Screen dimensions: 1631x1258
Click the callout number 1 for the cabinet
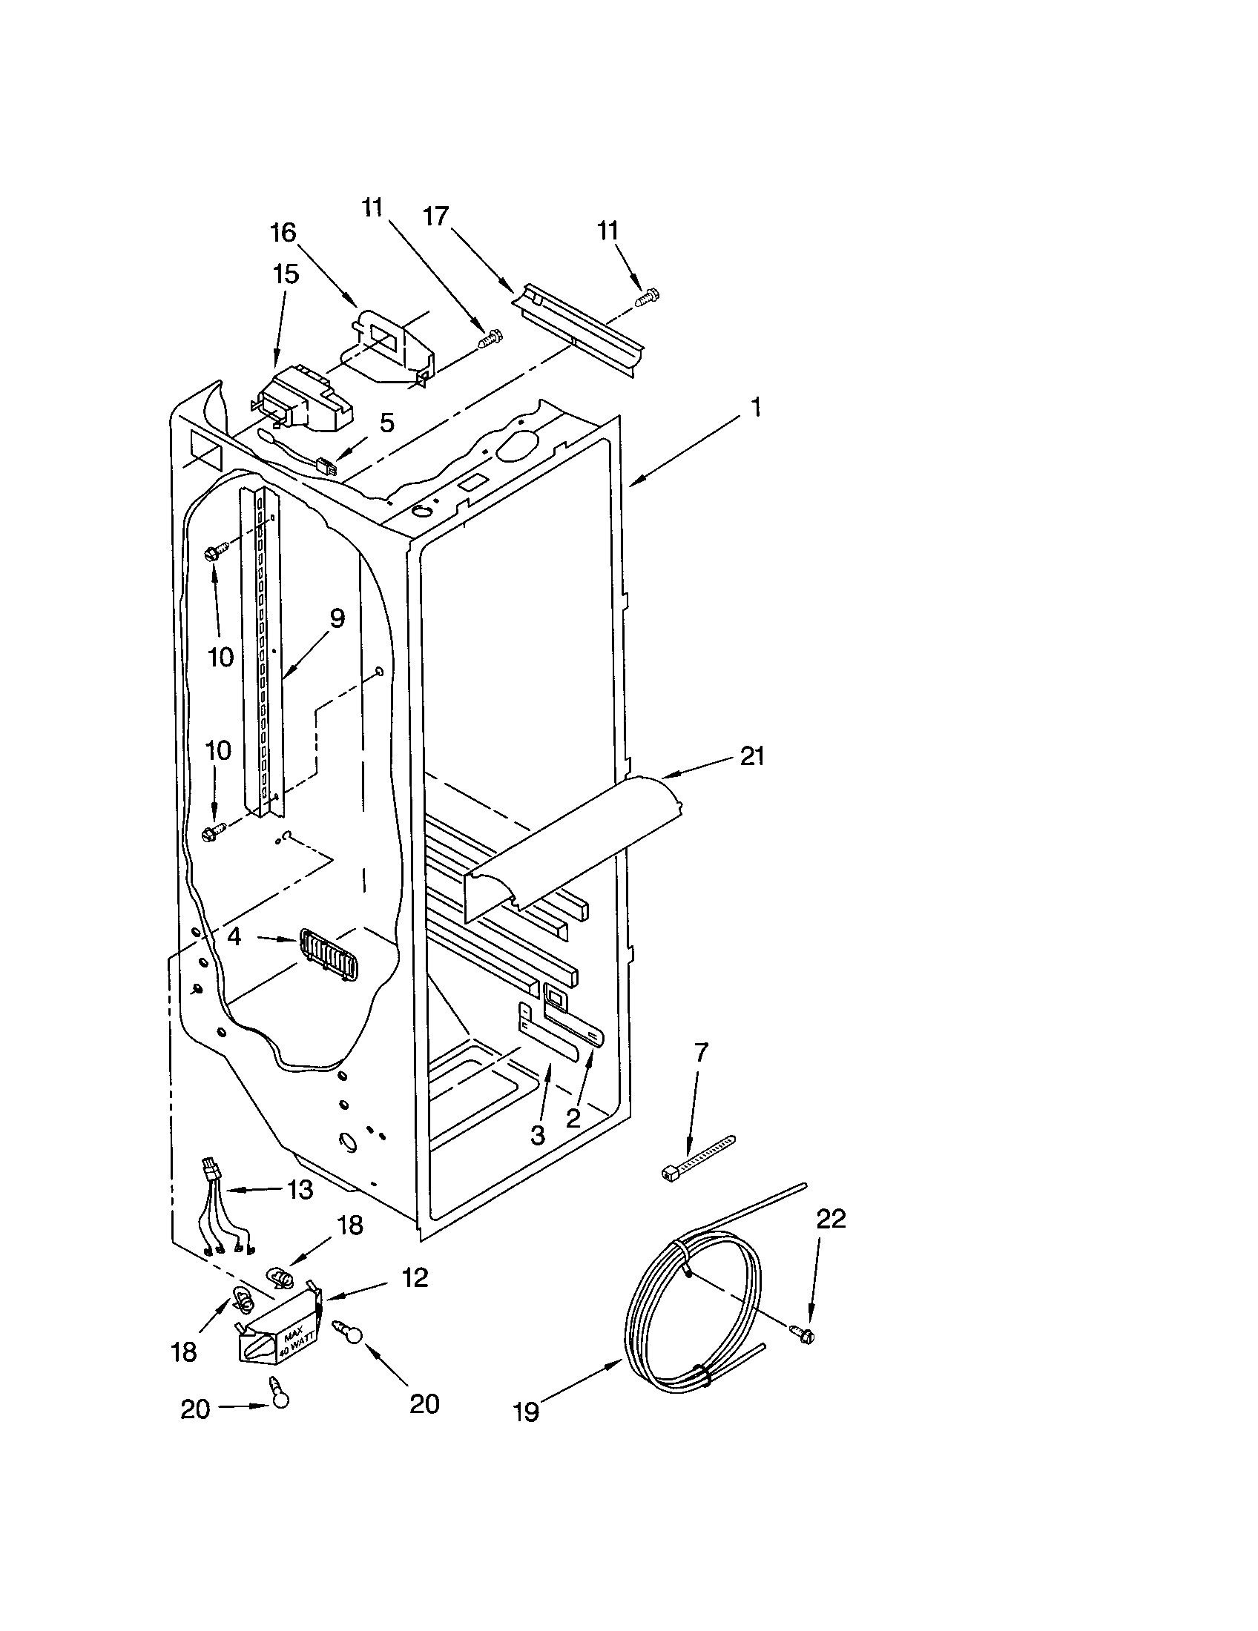pos(755,408)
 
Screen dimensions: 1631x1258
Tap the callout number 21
pos(751,756)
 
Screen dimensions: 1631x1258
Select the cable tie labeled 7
pos(698,1158)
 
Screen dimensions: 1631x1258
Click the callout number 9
pos(336,618)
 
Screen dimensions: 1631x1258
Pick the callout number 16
pos(283,233)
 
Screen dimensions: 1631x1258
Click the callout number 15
pos(286,274)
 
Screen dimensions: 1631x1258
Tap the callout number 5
pos(386,423)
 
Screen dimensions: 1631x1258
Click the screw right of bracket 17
pos(643,299)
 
